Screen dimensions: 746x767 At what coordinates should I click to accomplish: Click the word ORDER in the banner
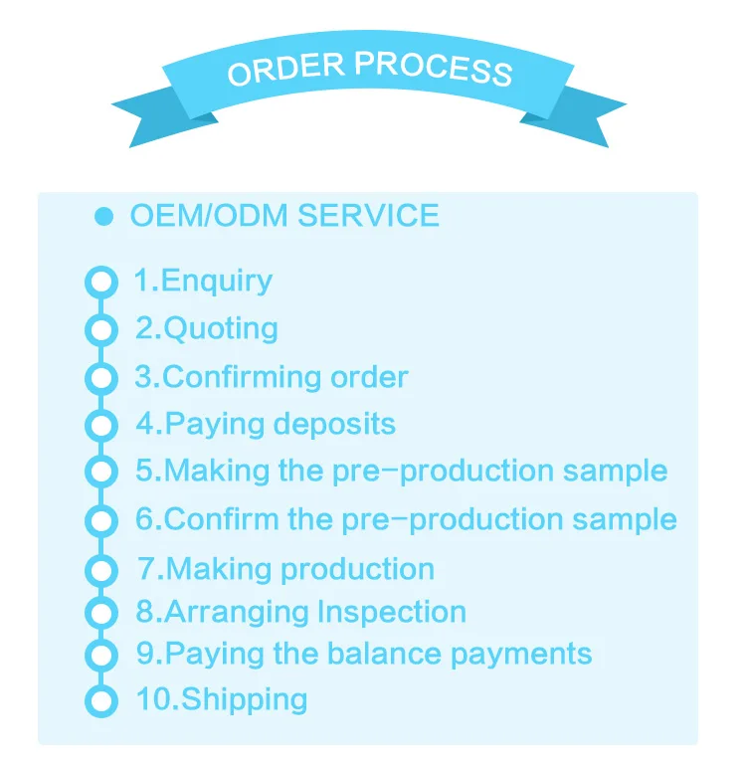coord(284,70)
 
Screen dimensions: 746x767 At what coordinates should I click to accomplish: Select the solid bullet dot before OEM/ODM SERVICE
coord(102,217)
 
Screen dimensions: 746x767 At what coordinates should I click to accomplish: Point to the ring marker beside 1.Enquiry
coord(100,283)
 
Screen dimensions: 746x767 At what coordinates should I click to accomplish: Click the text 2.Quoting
coord(207,328)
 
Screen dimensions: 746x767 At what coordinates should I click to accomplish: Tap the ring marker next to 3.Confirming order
coord(100,378)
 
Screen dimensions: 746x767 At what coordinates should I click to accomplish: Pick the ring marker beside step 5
coord(100,471)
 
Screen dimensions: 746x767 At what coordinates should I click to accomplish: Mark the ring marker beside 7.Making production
coord(100,570)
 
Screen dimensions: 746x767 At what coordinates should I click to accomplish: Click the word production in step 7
coord(357,570)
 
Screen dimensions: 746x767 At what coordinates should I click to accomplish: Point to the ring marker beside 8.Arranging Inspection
coord(100,613)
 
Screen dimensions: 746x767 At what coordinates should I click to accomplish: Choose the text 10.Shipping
coord(222,699)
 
